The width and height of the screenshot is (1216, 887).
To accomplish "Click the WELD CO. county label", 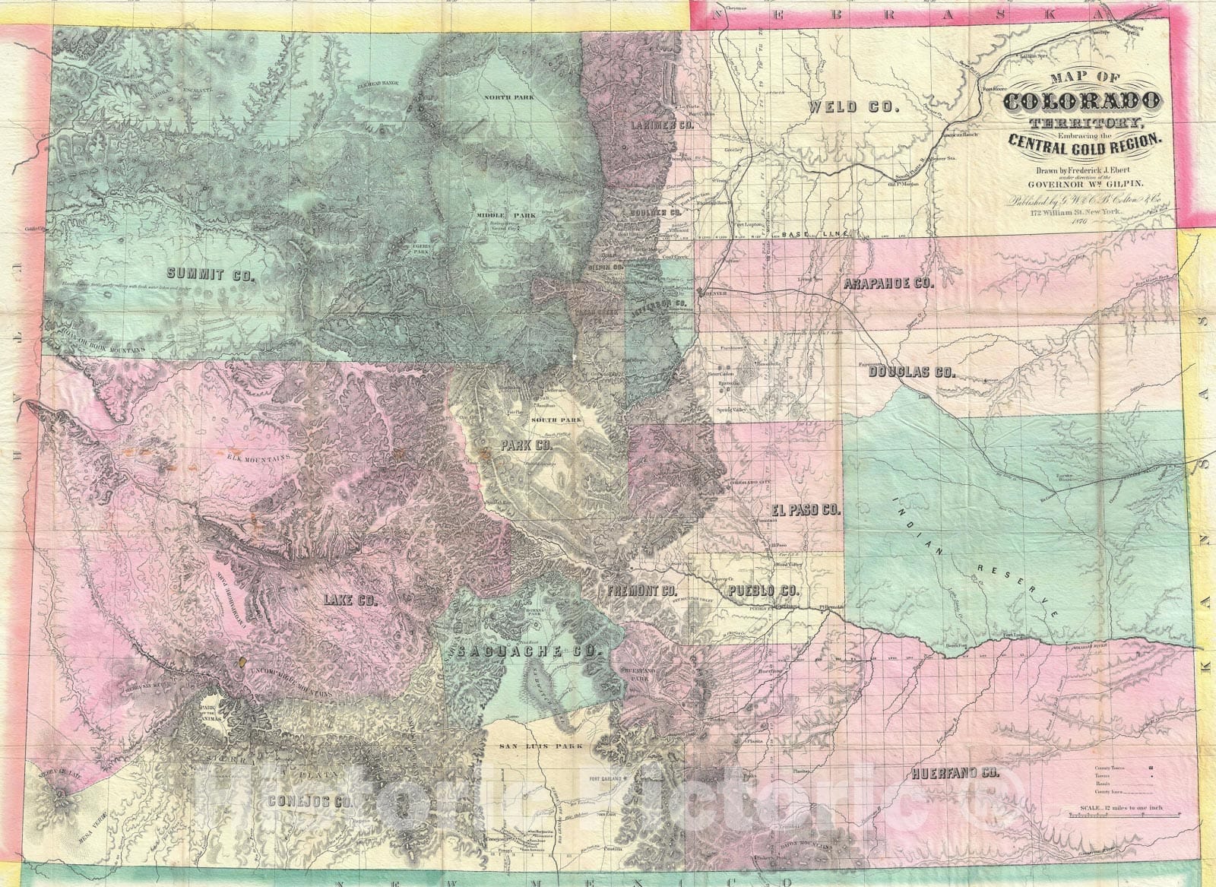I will click(x=854, y=107).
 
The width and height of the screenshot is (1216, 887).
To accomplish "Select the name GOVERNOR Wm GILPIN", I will click(x=1087, y=183).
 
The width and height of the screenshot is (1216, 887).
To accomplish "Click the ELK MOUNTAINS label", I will click(x=259, y=458).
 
